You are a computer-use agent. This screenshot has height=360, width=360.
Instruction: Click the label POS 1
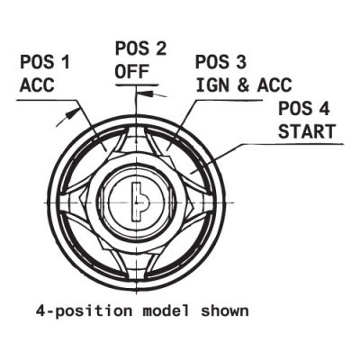pyautogui.click(x=45, y=63)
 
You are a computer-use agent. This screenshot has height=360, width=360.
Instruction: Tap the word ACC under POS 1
pyautogui.click(x=37, y=85)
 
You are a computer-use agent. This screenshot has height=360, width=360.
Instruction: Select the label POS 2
pyautogui.click(x=140, y=49)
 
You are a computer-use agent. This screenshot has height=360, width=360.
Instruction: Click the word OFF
pyautogui.click(x=132, y=72)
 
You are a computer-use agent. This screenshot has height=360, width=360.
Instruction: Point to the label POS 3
pyautogui.click(x=220, y=62)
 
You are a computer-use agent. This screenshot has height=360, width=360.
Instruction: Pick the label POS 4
pyautogui.click(x=304, y=109)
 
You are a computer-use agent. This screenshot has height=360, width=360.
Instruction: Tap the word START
pyautogui.click(x=307, y=131)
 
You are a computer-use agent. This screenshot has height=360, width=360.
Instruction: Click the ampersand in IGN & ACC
pyautogui.click(x=244, y=85)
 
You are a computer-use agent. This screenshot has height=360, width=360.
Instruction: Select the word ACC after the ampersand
pyautogui.click(x=274, y=85)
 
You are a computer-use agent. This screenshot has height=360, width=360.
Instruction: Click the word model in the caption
pyautogui.click(x=166, y=310)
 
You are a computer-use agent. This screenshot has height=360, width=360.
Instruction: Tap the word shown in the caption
pyautogui.click(x=225, y=310)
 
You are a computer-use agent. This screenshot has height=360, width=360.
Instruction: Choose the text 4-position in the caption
pyautogui.click(x=84, y=312)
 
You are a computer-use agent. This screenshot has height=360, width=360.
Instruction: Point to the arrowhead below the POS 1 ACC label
pyautogui.click(x=72, y=113)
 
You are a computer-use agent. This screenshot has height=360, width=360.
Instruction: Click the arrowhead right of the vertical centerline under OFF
pyautogui.click(x=145, y=94)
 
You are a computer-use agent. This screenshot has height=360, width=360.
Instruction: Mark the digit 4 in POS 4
pyautogui.click(x=324, y=109)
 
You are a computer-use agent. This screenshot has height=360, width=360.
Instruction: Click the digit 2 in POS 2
pyautogui.click(x=160, y=49)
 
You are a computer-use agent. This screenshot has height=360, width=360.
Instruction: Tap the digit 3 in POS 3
pyautogui.click(x=241, y=62)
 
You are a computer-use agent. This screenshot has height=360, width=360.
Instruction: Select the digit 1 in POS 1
pyautogui.click(x=66, y=63)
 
